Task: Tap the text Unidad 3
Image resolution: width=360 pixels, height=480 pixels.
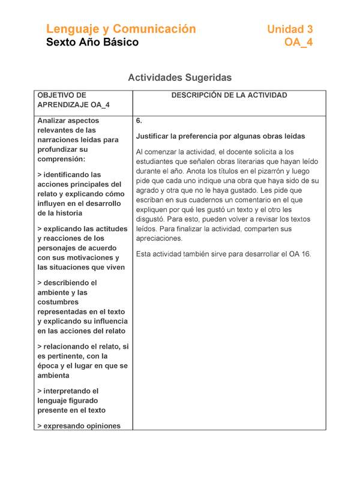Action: click(290, 29)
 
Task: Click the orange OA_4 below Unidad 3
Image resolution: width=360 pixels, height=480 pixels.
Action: click(298, 42)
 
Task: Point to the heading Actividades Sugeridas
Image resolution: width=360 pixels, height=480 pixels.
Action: click(180, 77)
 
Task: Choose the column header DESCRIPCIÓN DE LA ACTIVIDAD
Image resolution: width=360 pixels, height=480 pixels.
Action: click(229, 95)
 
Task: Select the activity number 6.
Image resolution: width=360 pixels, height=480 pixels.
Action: click(139, 121)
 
